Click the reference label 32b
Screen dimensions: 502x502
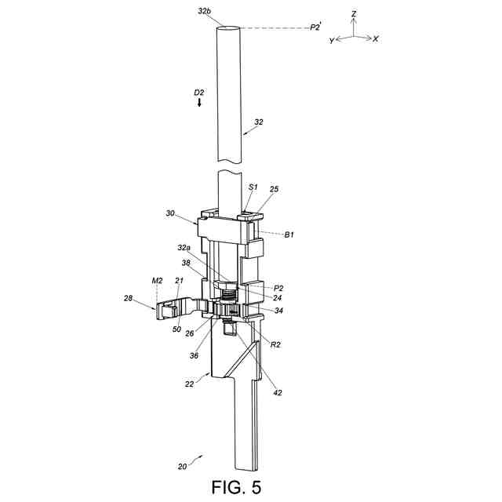[x=204, y=12]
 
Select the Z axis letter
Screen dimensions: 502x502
[x=354, y=14]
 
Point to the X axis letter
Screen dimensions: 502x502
[x=376, y=38]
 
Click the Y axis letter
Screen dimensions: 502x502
[x=332, y=41]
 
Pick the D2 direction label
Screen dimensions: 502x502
[x=198, y=93]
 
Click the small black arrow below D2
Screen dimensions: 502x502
[x=199, y=103]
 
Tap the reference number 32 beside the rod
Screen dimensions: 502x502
[x=259, y=122]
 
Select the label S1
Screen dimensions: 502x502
[x=253, y=187]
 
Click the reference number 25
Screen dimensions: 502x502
[x=274, y=189]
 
